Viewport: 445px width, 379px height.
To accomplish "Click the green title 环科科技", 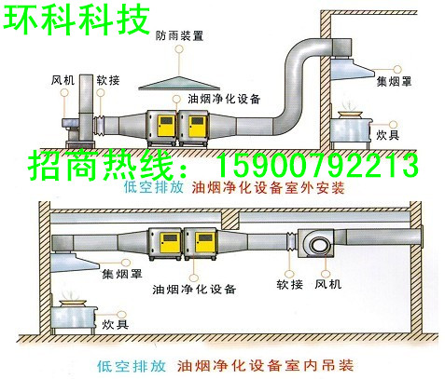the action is [x=76, y=20].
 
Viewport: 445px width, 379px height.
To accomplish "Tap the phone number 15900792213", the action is [x=317, y=166].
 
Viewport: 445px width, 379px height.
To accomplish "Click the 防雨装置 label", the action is [x=179, y=35].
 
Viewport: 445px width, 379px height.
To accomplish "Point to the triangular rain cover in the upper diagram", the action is [x=179, y=83].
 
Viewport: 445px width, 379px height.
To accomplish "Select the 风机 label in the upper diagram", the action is [x=63, y=80].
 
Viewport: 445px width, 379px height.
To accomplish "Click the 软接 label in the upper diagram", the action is [x=108, y=80].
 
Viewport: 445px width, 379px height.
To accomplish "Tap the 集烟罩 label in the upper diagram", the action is [x=394, y=81].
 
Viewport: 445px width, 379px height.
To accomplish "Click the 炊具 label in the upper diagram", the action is [x=387, y=135].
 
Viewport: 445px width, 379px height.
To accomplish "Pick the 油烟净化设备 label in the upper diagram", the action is [x=224, y=99].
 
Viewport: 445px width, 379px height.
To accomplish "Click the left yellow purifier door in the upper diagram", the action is [x=167, y=127].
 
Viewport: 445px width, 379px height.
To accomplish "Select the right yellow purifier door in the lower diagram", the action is [x=205, y=243].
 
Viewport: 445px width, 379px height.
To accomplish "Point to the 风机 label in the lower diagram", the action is [x=328, y=284].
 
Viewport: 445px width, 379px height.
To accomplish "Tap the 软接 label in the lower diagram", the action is [x=289, y=284].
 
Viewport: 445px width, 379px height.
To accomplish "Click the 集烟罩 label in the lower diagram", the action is [x=122, y=274].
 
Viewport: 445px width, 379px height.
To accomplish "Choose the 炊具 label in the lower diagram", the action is [x=116, y=324].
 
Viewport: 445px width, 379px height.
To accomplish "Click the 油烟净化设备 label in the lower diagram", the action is [x=194, y=290].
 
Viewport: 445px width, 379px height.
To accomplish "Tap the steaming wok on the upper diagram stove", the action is [x=351, y=112].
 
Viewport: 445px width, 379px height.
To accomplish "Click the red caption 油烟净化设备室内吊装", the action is [x=265, y=365].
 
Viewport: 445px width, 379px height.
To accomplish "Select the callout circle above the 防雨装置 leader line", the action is [x=179, y=49].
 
